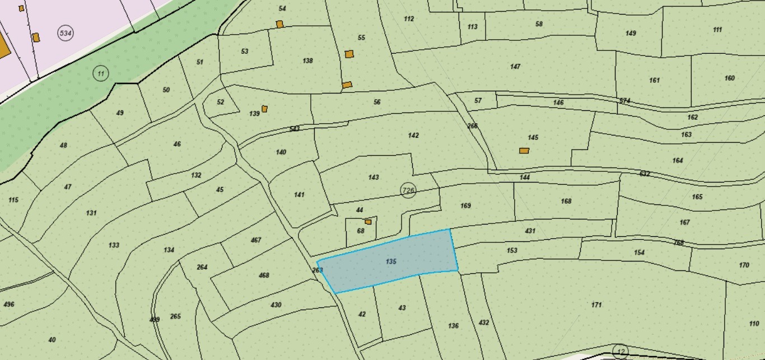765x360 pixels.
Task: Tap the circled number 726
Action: tap(408, 190)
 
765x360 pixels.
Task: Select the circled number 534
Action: tap(66, 33)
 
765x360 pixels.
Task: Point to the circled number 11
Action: tap(100, 73)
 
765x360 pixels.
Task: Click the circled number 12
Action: tap(621, 352)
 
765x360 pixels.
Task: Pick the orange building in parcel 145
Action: tap(524, 151)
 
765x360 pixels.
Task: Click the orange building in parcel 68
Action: tap(368, 222)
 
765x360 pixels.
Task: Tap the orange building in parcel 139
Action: tap(264, 109)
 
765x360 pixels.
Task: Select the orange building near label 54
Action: tap(279, 24)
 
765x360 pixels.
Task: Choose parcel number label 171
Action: tap(596, 305)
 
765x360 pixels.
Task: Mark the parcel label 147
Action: tap(515, 67)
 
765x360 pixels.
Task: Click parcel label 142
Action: tap(413, 135)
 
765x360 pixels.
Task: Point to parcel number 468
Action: tap(264, 275)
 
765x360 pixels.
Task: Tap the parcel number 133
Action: tap(114, 245)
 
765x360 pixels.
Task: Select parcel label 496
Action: tap(8, 305)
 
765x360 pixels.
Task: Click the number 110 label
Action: tap(754, 324)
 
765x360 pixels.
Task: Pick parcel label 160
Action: tap(729, 78)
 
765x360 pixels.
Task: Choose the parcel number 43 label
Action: tap(402, 308)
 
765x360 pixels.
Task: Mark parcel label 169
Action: tap(465, 205)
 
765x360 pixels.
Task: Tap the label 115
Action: tap(13, 200)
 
